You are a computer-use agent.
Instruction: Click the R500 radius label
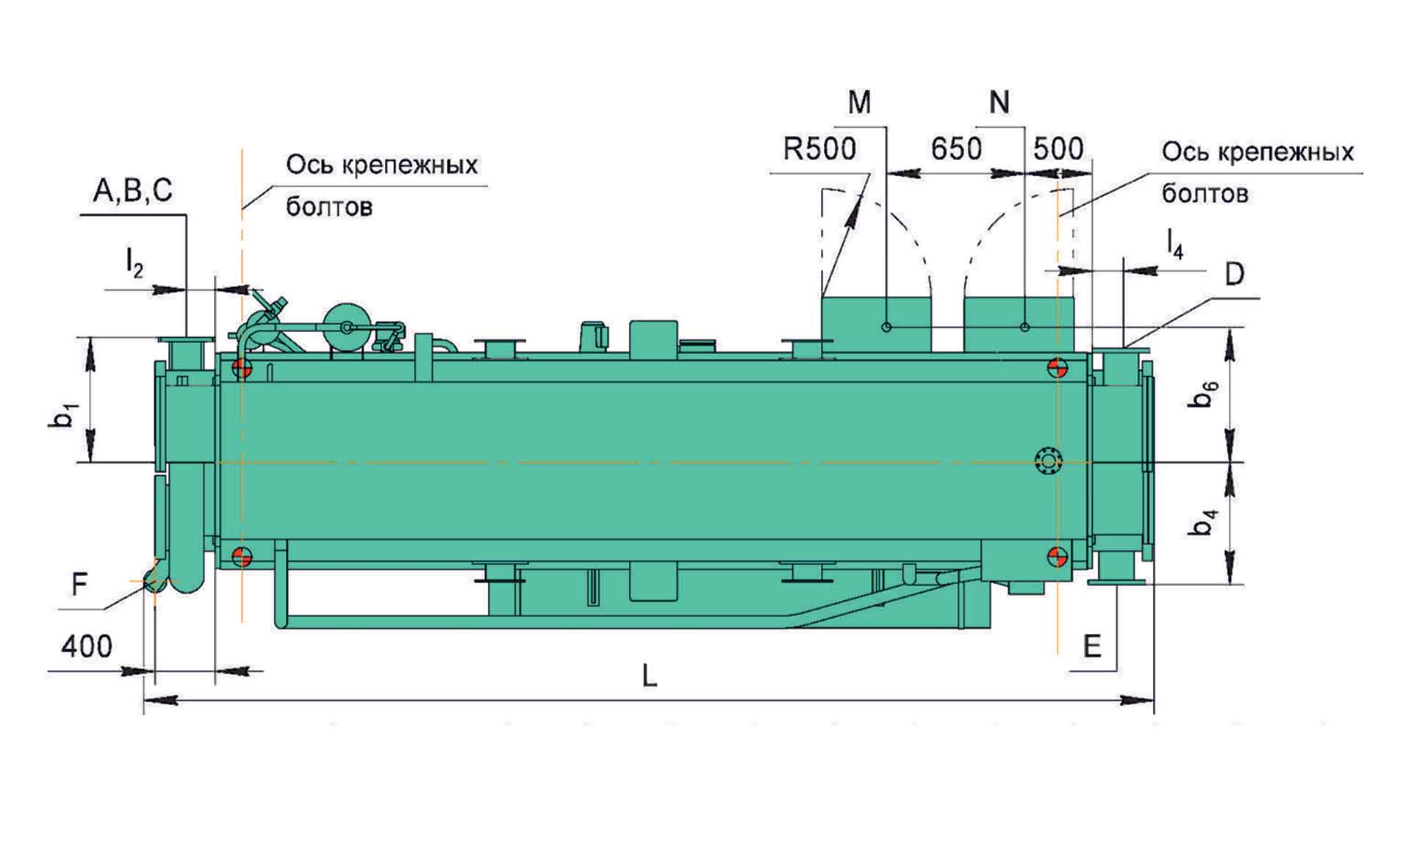pyautogui.click(x=819, y=149)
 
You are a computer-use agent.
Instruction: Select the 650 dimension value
pyautogui.click(x=956, y=149)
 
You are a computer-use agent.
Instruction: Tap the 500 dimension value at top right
pyautogui.click(x=1058, y=149)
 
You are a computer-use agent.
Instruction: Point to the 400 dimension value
pyautogui.click(x=87, y=646)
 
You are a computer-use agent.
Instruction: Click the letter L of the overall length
pyautogui.click(x=649, y=676)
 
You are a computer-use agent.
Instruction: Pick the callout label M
pyautogui.click(x=859, y=103)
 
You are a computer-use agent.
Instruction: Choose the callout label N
pyautogui.click(x=999, y=103)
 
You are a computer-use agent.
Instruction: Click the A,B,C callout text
pyautogui.click(x=132, y=191)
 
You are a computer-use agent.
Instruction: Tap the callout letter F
pyautogui.click(x=79, y=585)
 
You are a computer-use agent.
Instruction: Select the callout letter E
pyautogui.click(x=1093, y=646)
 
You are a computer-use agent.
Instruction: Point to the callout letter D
pyautogui.click(x=1235, y=275)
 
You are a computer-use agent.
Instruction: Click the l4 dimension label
pyautogui.click(x=1175, y=244)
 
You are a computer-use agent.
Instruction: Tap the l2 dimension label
pyautogui.click(x=134, y=263)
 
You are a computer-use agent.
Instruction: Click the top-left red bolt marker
pyautogui.click(x=242, y=368)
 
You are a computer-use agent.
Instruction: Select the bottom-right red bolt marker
pyautogui.click(x=1058, y=557)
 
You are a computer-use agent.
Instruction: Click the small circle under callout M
pyautogui.click(x=886, y=327)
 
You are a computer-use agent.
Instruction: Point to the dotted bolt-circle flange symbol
pyautogui.click(x=1048, y=461)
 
